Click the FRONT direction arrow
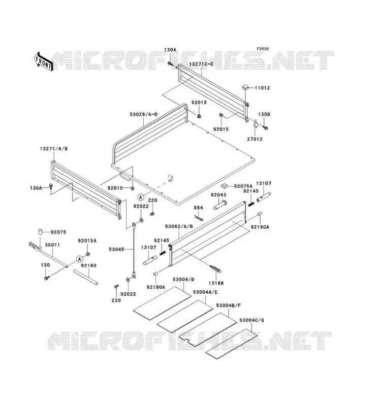[x=44, y=62]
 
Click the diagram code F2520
[x=263, y=49]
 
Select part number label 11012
[x=262, y=88]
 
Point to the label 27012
[x=255, y=139]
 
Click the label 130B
[x=264, y=114]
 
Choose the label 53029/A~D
[x=144, y=114]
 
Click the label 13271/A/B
[x=54, y=149]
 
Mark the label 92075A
[x=243, y=186]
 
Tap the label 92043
[x=218, y=195]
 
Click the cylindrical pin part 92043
[x=220, y=205]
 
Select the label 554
[x=198, y=208]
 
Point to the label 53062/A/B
[x=179, y=226]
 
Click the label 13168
[x=215, y=283]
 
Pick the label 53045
[x=116, y=249]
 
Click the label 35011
[x=52, y=245]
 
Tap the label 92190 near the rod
[x=88, y=265]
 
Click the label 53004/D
[x=183, y=280]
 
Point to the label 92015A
[x=87, y=241]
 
